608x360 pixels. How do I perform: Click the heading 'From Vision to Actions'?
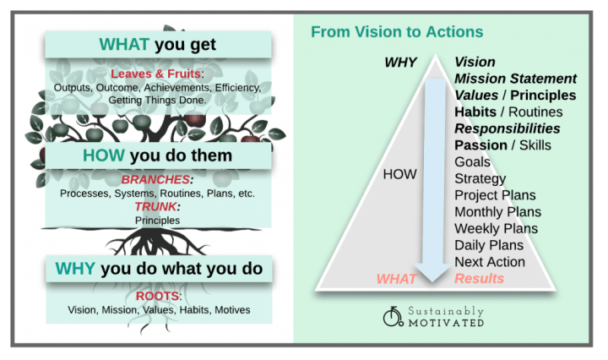click(x=397, y=32)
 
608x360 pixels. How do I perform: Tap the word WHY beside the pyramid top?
click(x=399, y=62)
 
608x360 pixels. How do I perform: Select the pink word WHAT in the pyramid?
click(x=396, y=278)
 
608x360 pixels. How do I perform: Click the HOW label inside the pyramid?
click(x=399, y=173)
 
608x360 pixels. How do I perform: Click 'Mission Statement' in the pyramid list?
click(x=515, y=79)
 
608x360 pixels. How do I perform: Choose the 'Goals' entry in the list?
click(x=472, y=161)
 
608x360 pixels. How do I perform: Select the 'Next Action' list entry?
click(x=490, y=261)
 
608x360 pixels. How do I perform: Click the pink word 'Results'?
click(x=479, y=278)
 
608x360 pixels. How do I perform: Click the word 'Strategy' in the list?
click(x=480, y=178)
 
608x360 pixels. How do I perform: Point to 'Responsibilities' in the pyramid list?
click(x=508, y=128)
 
